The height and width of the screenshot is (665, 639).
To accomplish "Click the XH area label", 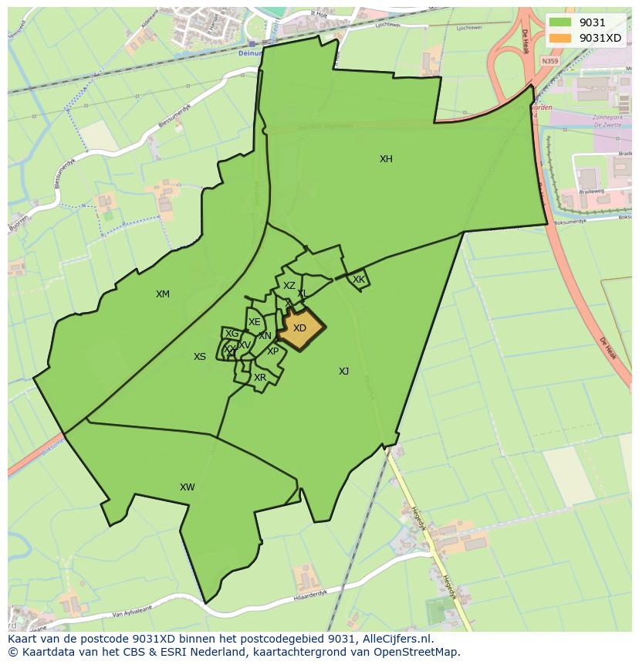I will (386, 159).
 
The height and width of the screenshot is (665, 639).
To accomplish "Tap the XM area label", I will (162, 294).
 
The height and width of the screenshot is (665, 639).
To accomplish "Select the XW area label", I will (187, 487).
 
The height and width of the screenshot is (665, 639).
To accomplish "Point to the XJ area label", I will (343, 372).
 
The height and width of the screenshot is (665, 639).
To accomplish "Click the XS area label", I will (200, 357).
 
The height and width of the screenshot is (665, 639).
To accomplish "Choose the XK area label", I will (359, 280).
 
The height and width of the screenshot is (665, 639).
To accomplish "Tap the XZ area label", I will (289, 286).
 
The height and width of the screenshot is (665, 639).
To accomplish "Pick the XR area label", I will (260, 378).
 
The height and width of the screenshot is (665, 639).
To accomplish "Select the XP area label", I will (272, 351).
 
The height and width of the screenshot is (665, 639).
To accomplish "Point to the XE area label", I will (254, 322).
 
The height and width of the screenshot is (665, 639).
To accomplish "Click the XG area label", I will (232, 334).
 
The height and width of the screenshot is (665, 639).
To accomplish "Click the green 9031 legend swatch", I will (561, 22).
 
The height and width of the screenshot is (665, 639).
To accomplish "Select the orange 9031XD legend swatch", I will (561, 38).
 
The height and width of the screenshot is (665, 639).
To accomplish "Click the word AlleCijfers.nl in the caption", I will (394, 639).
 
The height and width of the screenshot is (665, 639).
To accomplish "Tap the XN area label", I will (265, 336).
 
